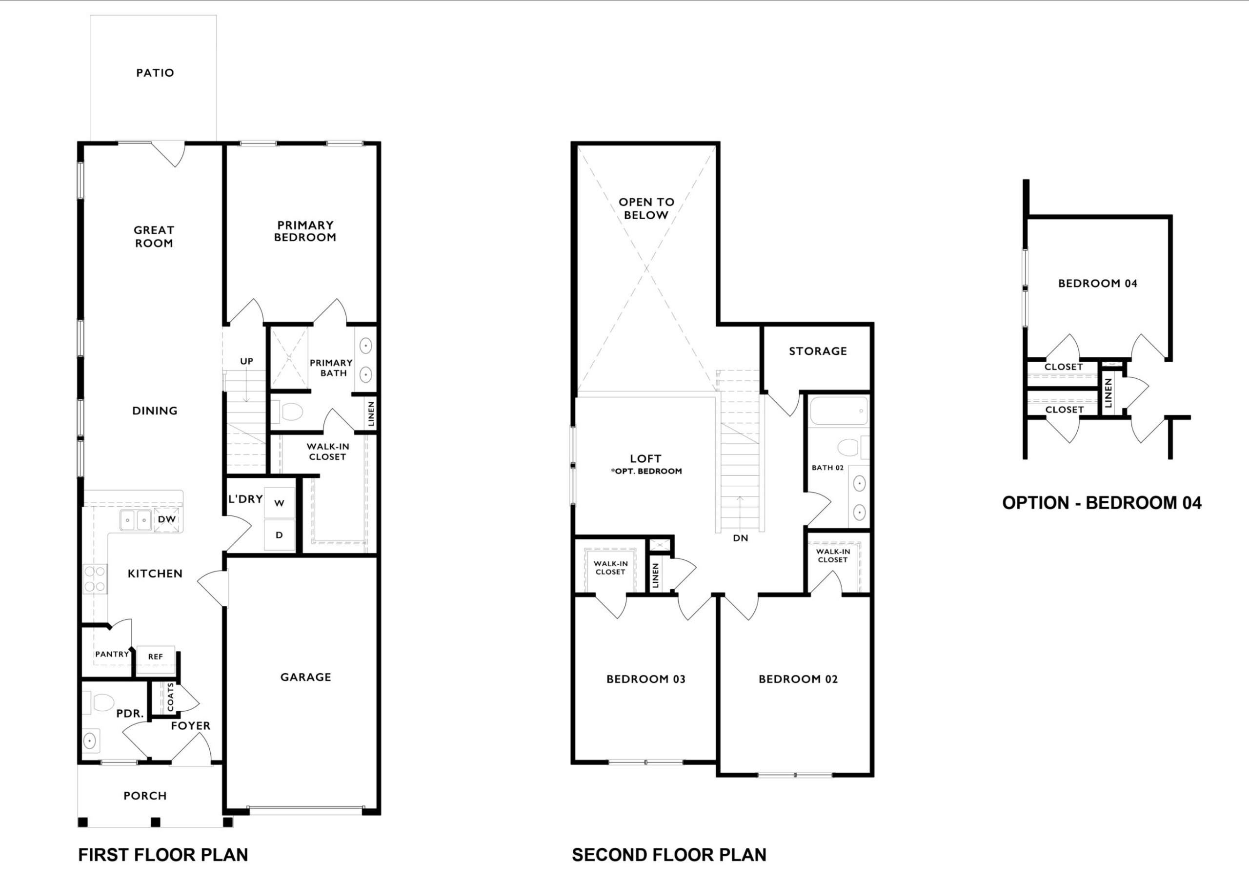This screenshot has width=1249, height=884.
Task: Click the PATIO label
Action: [155, 73]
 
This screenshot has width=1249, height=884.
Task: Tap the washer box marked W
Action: [280, 503]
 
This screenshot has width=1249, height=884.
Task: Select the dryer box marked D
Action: [280, 535]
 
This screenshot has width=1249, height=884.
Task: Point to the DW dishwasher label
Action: [167, 519]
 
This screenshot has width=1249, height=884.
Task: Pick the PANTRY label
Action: [112, 654]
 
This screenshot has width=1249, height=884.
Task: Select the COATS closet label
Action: [171, 698]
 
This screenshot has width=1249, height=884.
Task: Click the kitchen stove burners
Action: [95, 578]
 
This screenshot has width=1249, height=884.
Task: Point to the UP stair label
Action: [247, 361]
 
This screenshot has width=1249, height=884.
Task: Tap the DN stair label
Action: [740, 538]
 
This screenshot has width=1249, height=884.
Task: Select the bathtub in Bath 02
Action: [839, 411]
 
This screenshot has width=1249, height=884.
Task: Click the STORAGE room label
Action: [818, 351]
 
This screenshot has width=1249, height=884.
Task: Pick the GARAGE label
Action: [306, 677]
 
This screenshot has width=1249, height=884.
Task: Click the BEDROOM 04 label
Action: [1098, 284]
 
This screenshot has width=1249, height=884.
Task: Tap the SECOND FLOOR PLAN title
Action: [669, 855]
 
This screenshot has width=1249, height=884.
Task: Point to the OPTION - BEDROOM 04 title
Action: [1102, 503]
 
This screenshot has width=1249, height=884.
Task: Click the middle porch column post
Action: [156, 822]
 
